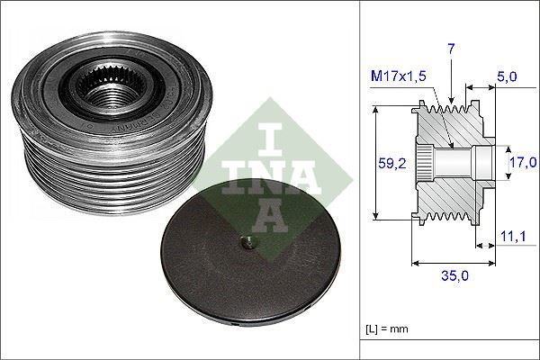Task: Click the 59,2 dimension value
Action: click(x=387, y=164)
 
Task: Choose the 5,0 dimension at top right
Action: click(x=508, y=79)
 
